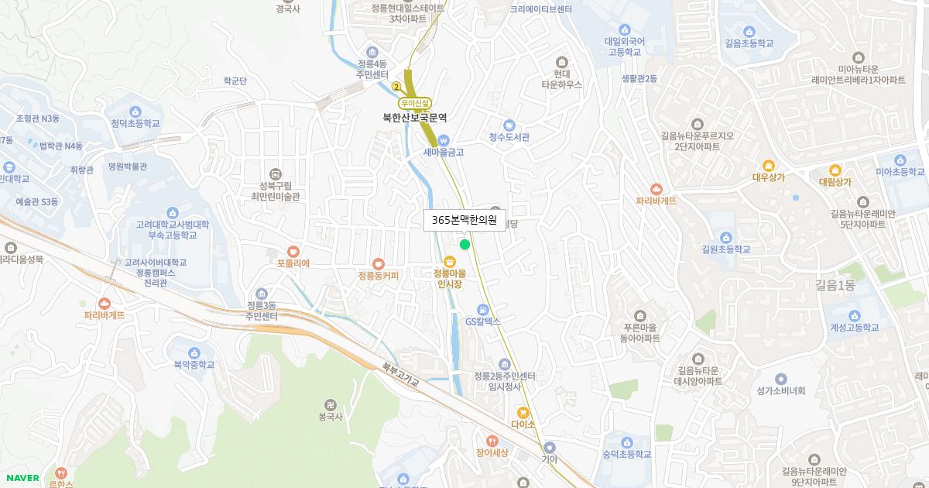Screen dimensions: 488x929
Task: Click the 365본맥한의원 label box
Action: (464, 220)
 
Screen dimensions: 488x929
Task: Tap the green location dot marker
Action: (464, 245)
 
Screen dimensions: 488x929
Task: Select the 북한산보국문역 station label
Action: (415, 119)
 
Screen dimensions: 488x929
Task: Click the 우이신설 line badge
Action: (415, 103)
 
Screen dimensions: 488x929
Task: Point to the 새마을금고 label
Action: (443, 153)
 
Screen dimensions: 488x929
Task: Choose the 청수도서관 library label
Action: (509, 137)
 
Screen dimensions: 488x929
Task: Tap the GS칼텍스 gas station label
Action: (483, 321)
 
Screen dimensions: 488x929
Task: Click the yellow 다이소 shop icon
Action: (523, 412)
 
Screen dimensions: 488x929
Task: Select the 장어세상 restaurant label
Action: (492, 453)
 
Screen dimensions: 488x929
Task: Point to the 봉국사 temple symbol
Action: (331, 405)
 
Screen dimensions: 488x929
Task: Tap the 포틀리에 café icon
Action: (293, 251)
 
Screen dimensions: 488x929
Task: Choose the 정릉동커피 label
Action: (378, 276)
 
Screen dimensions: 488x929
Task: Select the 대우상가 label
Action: (768, 177)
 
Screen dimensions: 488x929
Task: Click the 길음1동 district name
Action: (835, 285)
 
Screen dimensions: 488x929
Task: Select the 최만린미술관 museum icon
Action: (273, 174)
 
